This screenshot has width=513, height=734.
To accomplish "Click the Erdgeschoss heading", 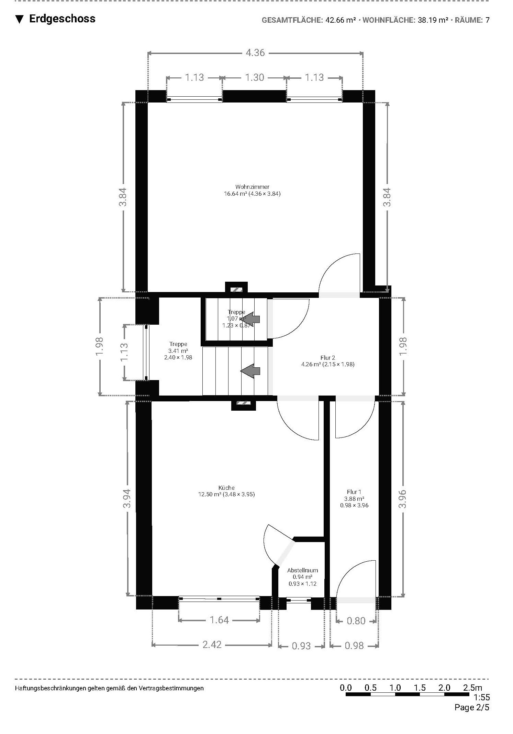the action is tap(62, 19).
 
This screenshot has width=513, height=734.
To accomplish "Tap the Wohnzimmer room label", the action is tap(252, 187).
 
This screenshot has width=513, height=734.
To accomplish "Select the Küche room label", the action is tap(226, 487).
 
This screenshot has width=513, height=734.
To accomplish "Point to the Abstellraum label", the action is tap(303, 570).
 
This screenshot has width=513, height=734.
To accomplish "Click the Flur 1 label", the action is tap(354, 492).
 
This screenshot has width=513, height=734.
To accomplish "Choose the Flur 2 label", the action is tap(328, 358).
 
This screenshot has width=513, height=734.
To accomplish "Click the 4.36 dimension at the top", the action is tap(255, 53).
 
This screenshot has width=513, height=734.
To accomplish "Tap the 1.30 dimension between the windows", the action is tap(255, 77).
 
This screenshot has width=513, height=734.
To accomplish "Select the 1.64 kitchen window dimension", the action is tap(219, 620).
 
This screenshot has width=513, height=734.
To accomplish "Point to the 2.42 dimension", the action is tap(212, 644).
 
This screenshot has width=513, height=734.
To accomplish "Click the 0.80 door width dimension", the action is tap(356, 620).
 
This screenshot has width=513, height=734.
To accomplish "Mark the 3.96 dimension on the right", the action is tap(402, 499).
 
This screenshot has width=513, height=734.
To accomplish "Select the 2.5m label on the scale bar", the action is tap(472, 688).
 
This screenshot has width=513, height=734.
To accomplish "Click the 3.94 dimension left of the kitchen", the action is tap(127, 498).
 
